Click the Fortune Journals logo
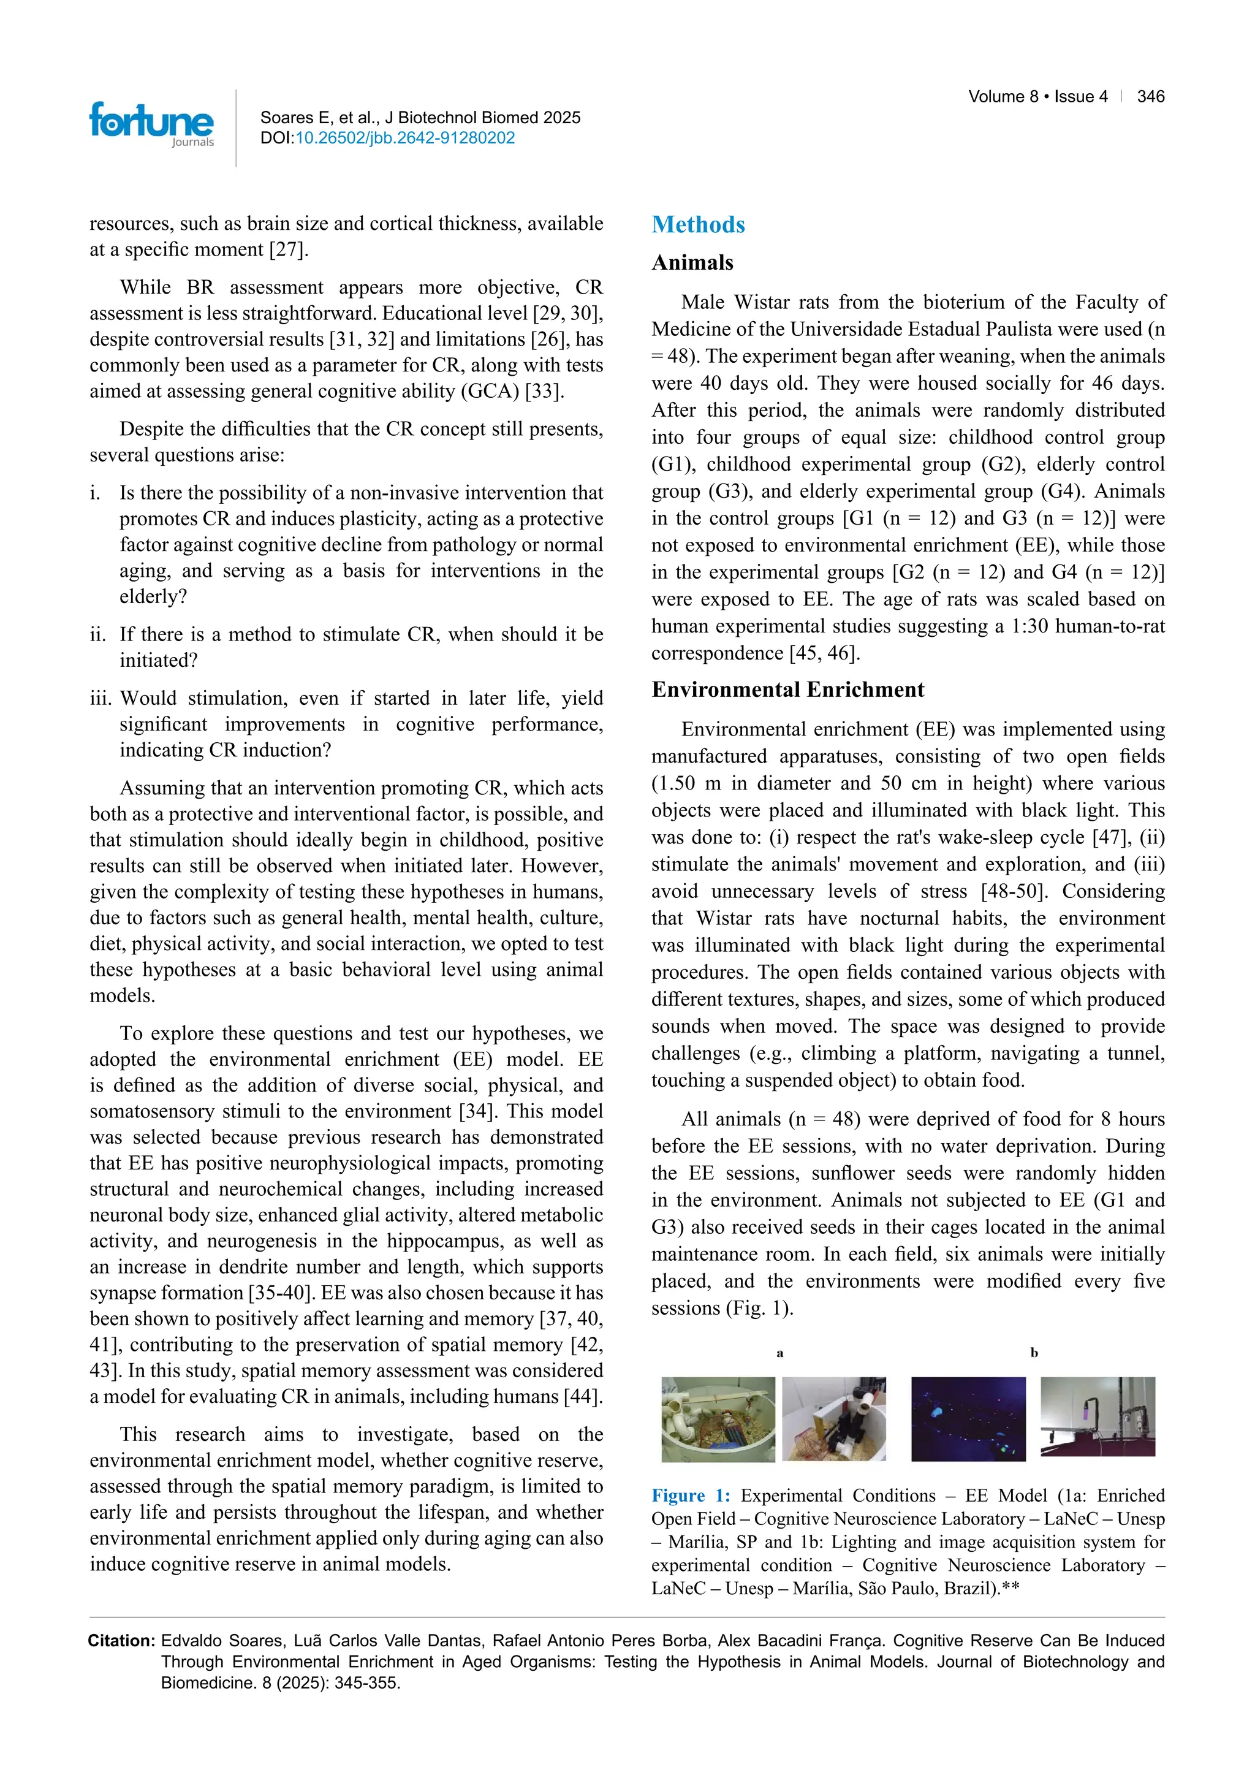tap(151, 124)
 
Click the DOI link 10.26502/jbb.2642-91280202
tap(405, 139)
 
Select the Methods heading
tap(698, 225)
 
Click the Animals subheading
tap(692, 263)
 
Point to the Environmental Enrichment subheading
tap(787, 690)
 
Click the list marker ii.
tap(97, 635)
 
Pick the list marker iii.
tap(100, 699)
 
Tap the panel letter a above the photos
tap(779, 1353)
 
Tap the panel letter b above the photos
tap(1034, 1353)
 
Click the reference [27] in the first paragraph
tap(287, 249)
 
